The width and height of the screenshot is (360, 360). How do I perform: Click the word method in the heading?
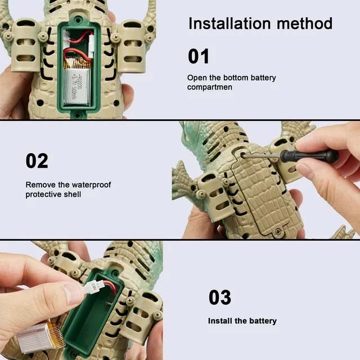pyautogui.click(x=304, y=24)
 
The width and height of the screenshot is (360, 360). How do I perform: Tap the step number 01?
pyautogui.click(x=199, y=56)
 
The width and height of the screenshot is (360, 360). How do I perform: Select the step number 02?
pyautogui.click(x=37, y=161)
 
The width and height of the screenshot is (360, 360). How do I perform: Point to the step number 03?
pyautogui.click(x=220, y=297)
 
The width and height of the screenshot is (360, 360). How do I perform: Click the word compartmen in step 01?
pyautogui.click(x=210, y=87)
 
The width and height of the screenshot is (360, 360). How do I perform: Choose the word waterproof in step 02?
pyautogui.click(x=91, y=184)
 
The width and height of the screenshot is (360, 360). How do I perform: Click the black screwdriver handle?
pyautogui.click(x=309, y=156)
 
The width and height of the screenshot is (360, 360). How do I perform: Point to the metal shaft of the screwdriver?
pyautogui.click(x=262, y=156)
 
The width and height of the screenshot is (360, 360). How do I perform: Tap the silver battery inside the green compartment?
pyautogui.click(x=76, y=84)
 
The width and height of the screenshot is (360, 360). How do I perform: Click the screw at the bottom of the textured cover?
pyautogui.click(x=278, y=232)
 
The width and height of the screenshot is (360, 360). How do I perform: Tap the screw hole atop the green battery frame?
pyautogui.click(x=78, y=17)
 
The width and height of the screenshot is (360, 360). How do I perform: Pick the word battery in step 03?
pyautogui.click(x=263, y=321)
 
